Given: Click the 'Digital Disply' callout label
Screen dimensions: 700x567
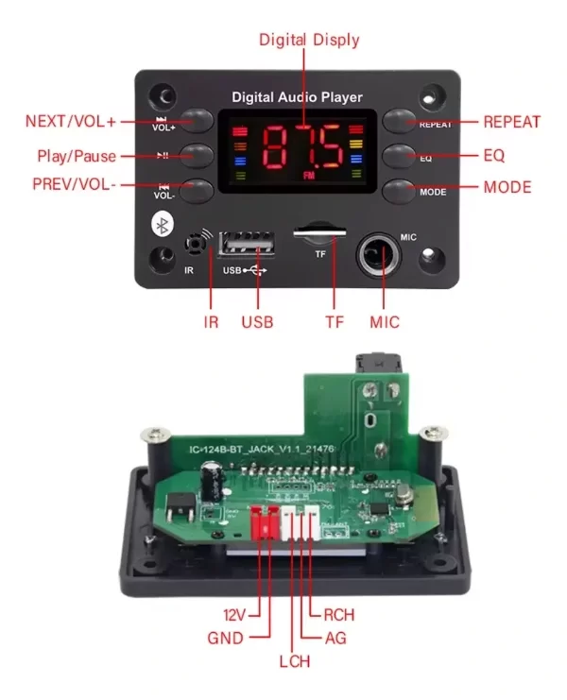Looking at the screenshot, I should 309,40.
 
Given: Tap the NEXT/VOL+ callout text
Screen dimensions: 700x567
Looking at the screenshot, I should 71,122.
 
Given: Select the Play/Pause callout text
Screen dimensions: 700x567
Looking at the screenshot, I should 77,155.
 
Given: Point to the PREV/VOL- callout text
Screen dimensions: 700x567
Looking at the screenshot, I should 74,185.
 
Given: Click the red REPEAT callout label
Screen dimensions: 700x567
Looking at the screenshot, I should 511,122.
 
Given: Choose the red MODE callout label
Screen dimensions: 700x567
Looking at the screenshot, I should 507,187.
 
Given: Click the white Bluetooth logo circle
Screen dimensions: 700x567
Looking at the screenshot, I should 163,225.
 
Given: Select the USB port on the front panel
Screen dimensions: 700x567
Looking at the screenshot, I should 249,245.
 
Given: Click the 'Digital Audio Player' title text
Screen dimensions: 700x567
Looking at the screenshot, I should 297,97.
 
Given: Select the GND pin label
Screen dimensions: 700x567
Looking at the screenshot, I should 224,638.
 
